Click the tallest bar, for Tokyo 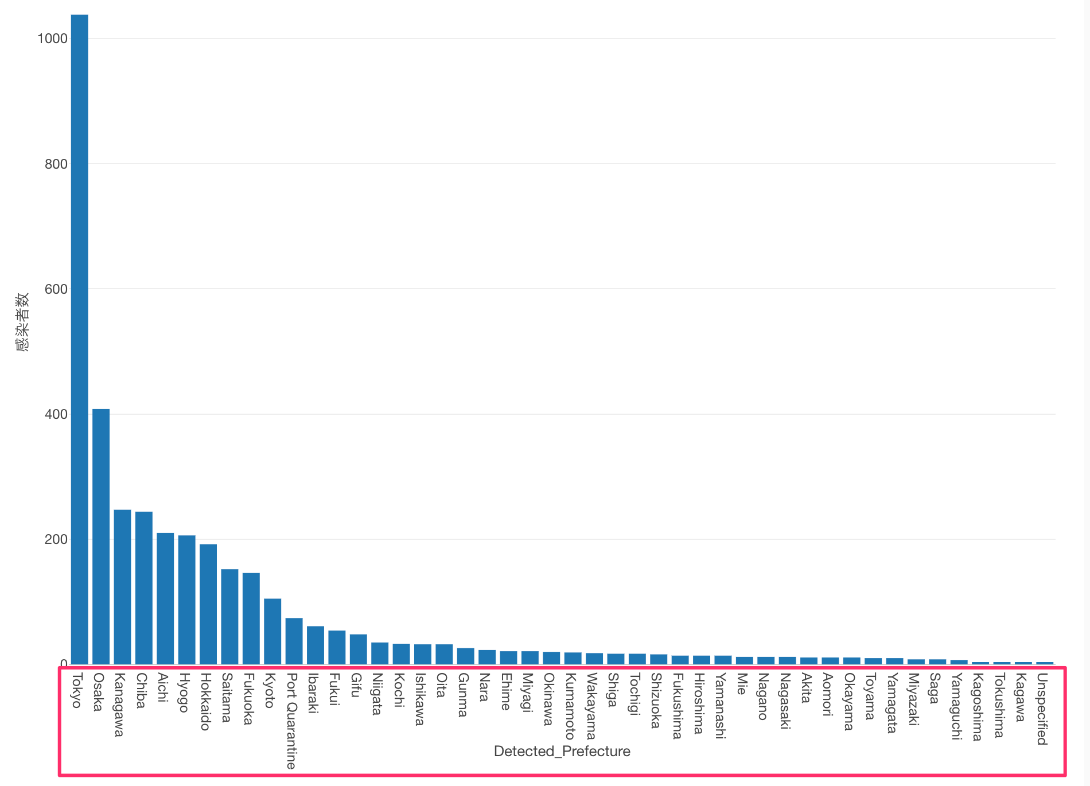click(x=79, y=338)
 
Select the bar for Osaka click(x=101, y=536)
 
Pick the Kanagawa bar click(x=122, y=586)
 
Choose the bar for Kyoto click(x=272, y=631)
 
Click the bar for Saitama click(x=229, y=616)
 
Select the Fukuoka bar click(x=251, y=618)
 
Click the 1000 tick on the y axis click(x=52, y=38)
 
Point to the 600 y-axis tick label click(x=56, y=289)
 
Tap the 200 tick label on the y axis click(x=56, y=539)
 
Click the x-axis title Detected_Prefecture click(x=562, y=752)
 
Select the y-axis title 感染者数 click(x=22, y=321)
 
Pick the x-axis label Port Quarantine click(x=291, y=721)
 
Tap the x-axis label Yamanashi click(x=720, y=706)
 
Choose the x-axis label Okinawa click(x=548, y=699)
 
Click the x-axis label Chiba click(x=141, y=690)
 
